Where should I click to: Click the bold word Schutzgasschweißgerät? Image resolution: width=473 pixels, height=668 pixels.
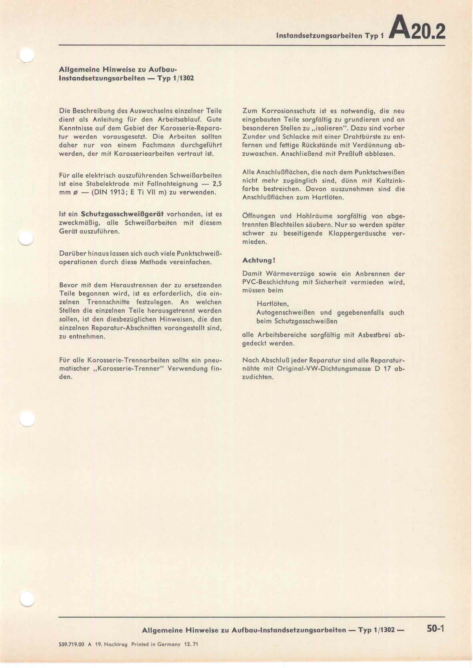click(x=122, y=214)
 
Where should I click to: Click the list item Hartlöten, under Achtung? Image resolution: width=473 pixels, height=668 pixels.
click(x=273, y=304)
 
